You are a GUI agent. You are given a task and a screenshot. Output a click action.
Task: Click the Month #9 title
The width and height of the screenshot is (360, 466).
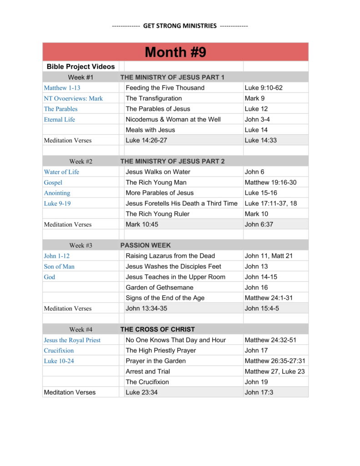pos(175,52)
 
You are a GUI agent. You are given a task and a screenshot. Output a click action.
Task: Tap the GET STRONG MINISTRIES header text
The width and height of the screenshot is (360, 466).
pos(180,26)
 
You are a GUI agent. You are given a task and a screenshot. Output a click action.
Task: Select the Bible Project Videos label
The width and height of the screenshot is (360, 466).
pos(81,67)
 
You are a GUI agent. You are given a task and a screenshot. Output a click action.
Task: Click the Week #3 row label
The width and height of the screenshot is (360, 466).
pos(81,245)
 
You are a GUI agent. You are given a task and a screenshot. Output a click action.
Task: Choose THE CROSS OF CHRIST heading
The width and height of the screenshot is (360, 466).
pos(157,329)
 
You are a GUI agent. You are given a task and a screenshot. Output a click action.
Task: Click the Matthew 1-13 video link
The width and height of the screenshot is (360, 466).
pos(62,88)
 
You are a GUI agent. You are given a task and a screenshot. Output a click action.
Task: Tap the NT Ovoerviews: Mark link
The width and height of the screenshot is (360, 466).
pos(73,98)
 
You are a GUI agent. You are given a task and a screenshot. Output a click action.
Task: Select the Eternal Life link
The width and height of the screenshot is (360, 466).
pos(59,119)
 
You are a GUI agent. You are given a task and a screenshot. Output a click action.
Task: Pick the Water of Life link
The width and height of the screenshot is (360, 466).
pos(61,172)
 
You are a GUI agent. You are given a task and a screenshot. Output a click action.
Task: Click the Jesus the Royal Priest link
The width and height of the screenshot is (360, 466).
pos(72,340)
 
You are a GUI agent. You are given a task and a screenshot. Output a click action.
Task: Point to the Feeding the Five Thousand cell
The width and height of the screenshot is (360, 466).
pos(165,88)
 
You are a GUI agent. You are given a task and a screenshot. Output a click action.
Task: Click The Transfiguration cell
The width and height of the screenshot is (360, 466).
pos(153,98)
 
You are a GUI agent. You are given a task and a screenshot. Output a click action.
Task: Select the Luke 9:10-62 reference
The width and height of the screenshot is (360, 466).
pos(263,88)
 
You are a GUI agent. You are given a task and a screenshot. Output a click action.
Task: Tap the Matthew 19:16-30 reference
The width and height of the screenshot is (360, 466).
pos(270,182)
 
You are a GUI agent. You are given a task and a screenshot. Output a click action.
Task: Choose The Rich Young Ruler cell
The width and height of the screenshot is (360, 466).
pos(157,214)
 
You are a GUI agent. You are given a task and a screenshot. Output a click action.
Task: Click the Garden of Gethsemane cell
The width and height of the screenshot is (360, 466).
pos(159,288)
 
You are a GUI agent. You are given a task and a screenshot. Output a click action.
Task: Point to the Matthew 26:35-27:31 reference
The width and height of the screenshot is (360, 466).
pos(274,361)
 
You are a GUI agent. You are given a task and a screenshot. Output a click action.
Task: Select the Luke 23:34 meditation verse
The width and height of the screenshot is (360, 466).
pos(142,392)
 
